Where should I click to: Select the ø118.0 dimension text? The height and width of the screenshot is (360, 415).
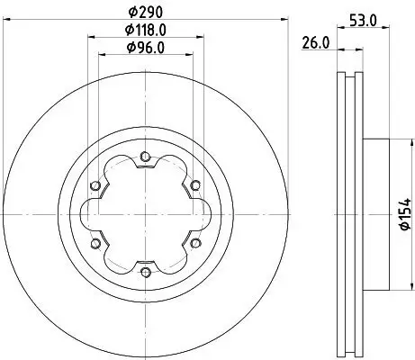pos(145,30)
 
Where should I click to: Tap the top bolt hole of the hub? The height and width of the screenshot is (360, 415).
pos(145,158)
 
